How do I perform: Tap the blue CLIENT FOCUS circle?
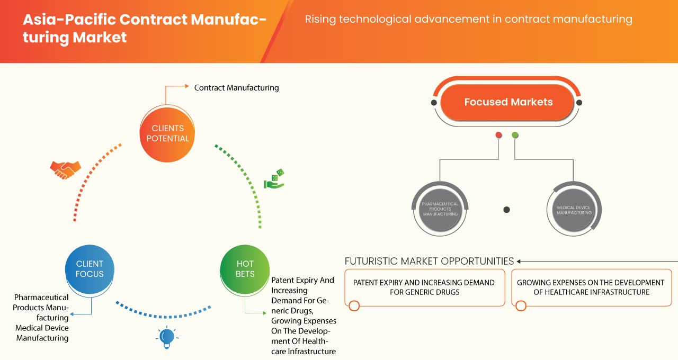tap(90, 269)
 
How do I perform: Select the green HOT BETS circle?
tap(245, 269)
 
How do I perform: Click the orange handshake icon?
tap(65, 169)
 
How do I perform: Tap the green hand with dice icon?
tap(274, 179)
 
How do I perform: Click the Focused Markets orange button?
tap(508, 102)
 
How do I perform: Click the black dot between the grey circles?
tap(506, 210)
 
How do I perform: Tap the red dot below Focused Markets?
tap(498, 136)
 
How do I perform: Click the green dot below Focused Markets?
tap(515, 136)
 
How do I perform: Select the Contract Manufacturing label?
tap(236, 88)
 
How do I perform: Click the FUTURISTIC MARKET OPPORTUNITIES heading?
tap(429, 261)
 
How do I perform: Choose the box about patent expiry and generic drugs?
tap(424, 287)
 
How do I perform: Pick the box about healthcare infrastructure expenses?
tap(591, 287)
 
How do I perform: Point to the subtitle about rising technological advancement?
tap(468, 20)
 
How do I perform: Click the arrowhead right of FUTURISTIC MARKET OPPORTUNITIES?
tap(519, 261)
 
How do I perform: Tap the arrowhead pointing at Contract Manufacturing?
tap(186, 86)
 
